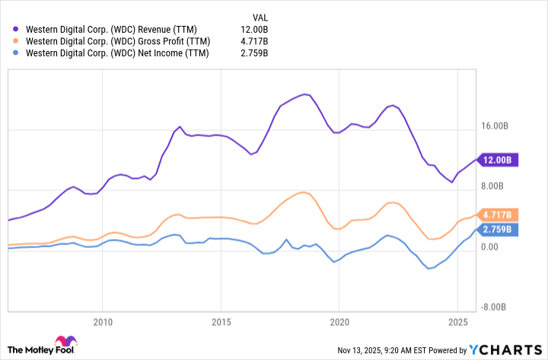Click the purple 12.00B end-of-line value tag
tap(499, 160)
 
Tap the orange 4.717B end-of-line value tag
tap(499, 215)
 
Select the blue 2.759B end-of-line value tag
tap(499, 229)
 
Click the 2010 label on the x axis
tap(103, 321)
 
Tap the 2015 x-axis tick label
tap(221, 321)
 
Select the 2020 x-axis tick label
tap(339, 321)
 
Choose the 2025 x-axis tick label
tap(457, 321)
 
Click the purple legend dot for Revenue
tap(18, 28)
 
